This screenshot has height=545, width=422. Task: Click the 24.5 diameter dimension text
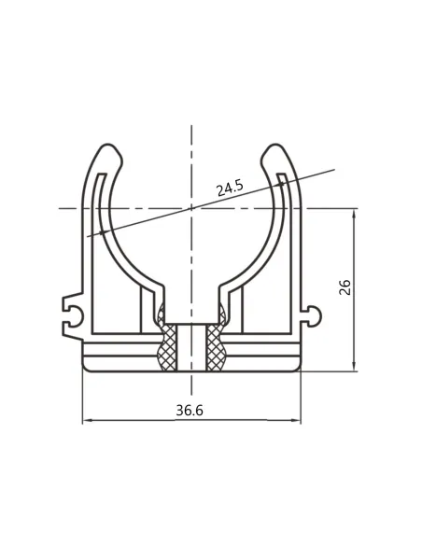click(230, 189)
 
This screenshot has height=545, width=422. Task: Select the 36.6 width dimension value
click(190, 411)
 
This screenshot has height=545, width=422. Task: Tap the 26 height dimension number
click(345, 286)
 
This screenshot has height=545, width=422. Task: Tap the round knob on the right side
click(315, 316)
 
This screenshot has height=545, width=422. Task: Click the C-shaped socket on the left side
click(74, 315)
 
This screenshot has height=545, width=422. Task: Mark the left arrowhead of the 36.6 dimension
click(87, 421)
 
